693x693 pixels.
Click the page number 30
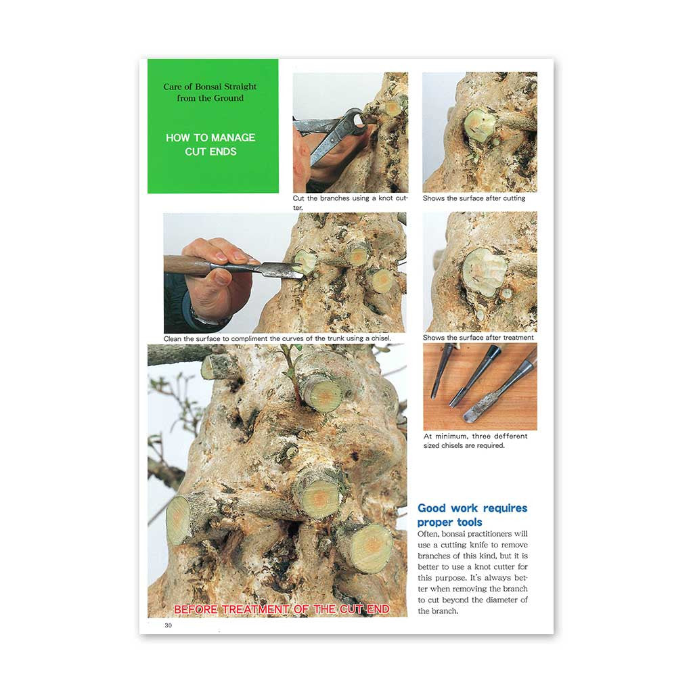click(168, 625)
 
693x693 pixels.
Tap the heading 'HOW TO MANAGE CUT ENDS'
click(210, 145)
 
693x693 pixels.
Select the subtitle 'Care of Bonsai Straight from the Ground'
click(210, 92)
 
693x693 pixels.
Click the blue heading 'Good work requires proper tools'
click(472, 515)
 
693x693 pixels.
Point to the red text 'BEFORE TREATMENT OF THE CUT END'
click(282, 609)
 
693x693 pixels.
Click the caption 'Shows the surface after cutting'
click(474, 198)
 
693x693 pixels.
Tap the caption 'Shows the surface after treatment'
click(478, 337)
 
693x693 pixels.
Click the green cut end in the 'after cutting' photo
click(480, 125)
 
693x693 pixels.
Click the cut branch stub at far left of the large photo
click(178, 520)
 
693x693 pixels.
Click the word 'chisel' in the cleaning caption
click(380, 338)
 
